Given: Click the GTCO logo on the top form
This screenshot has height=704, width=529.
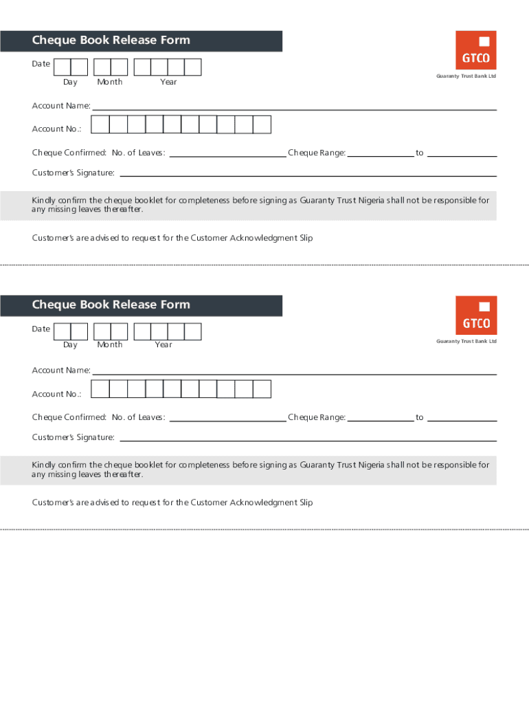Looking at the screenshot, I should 475,50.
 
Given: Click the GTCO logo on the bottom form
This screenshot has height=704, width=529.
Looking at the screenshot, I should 475,316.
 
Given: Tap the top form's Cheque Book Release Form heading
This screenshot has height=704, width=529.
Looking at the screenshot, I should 111,41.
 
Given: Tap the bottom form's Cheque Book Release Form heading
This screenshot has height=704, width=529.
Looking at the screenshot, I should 111,305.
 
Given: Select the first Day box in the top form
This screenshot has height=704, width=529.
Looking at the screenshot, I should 62,67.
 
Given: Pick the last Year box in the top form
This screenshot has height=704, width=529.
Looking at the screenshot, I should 193,67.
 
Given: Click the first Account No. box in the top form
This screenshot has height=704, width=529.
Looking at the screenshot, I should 100,124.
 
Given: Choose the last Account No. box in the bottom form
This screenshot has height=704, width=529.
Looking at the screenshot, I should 262,389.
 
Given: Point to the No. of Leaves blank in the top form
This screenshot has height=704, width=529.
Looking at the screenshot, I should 227,156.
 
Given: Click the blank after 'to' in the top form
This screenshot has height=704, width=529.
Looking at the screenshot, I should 462,156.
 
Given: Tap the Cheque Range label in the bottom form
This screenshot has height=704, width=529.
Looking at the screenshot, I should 317,417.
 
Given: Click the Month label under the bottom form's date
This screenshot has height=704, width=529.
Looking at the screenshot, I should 110,344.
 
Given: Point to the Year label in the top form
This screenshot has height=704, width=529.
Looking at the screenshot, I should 168,82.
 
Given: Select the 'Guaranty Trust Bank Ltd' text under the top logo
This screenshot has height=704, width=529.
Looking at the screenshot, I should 466,76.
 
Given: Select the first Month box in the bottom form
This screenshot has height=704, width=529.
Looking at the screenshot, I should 102,331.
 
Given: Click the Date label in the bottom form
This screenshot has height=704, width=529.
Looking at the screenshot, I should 41,329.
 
